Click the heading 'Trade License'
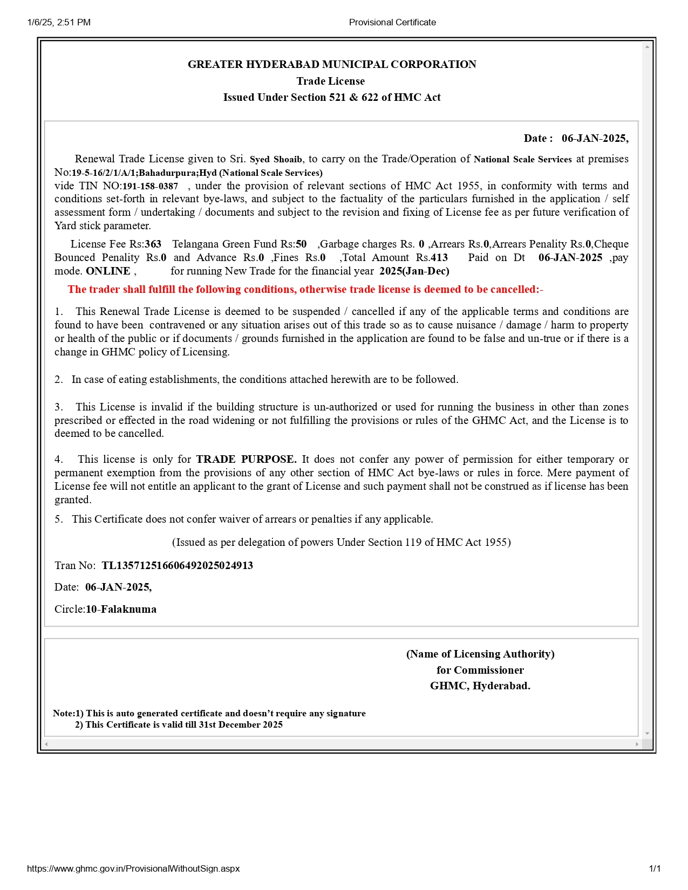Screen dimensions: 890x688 click(330, 81)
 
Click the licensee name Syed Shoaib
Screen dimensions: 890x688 click(276, 160)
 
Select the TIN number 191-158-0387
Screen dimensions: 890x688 click(150, 187)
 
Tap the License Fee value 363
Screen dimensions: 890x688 click(153, 244)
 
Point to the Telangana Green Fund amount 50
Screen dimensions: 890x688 click(301, 244)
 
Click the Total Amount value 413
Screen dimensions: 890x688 click(439, 258)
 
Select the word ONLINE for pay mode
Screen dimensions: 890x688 click(108, 271)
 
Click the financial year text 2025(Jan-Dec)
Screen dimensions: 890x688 click(414, 271)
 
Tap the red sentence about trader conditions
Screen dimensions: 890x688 click(305, 290)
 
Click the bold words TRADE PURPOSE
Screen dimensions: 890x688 click(246, 460)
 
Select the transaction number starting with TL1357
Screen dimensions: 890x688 click(177, 566)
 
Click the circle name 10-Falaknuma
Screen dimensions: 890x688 click(121, 610)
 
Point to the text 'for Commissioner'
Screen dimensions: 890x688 click(480, 670)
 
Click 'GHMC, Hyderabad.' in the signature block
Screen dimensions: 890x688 click(480, 686)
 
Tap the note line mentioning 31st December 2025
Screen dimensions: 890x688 click(179, 725)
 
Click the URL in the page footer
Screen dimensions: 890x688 click(133, 869)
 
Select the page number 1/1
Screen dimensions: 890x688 click(654, 869)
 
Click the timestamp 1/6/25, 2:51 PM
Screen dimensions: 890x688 click(59, 23)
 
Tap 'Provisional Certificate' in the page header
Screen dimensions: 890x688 click(392, 23)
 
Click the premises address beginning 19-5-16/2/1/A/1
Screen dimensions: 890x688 click(197, 173)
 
